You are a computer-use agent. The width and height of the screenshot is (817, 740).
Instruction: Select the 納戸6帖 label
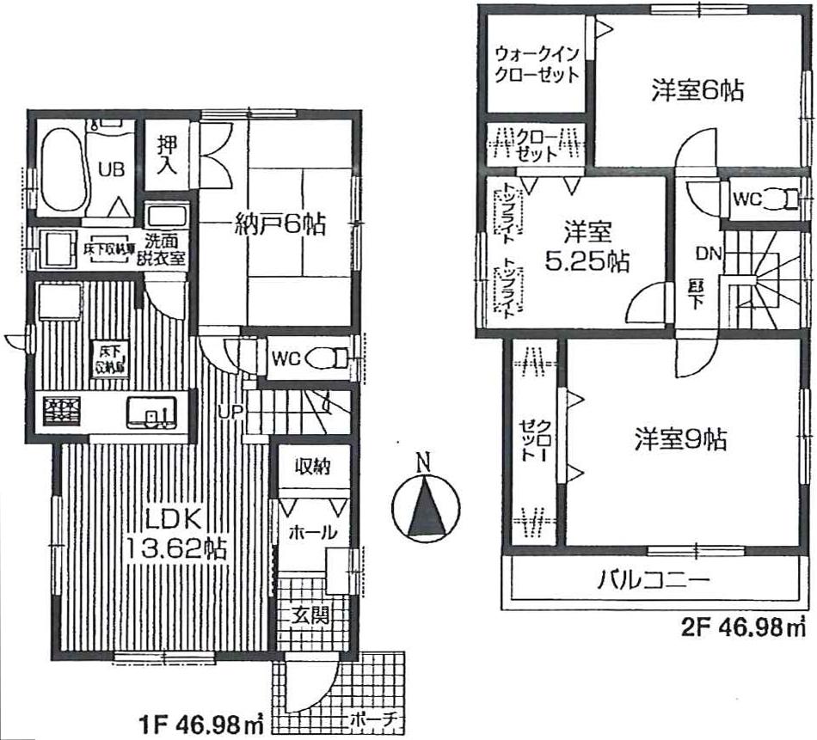[x=279, y=226]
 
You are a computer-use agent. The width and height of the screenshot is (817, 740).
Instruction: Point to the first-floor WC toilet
[x=322, y=358]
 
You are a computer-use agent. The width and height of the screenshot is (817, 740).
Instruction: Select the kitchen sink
[x=150, y=413]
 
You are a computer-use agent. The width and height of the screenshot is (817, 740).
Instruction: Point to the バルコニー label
[x=654, y=580]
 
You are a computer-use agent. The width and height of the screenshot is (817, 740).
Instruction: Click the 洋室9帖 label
[x=680, y=440]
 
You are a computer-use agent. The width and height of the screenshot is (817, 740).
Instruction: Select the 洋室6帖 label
[x=697, y=90]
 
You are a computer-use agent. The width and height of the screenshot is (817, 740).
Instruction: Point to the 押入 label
[x=166, y=155]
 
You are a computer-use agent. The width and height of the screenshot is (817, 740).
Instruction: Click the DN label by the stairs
[x=709, y=253]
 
